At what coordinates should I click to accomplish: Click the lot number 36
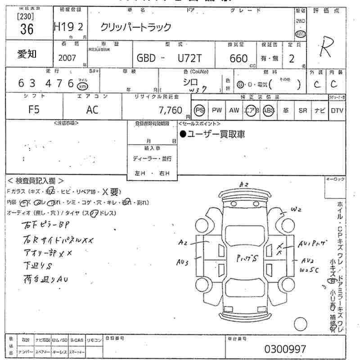pos(27,29)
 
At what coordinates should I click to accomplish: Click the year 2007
pos(67,58)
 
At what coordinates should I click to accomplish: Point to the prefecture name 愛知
pos(27,54)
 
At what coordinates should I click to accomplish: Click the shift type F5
pos(34,110)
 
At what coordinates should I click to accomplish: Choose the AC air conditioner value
pos(92,110)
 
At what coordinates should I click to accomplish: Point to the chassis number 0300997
pos(285,349)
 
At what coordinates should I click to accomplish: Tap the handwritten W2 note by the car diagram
pos(295,209)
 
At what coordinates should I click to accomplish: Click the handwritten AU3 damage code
pos(183,261)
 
